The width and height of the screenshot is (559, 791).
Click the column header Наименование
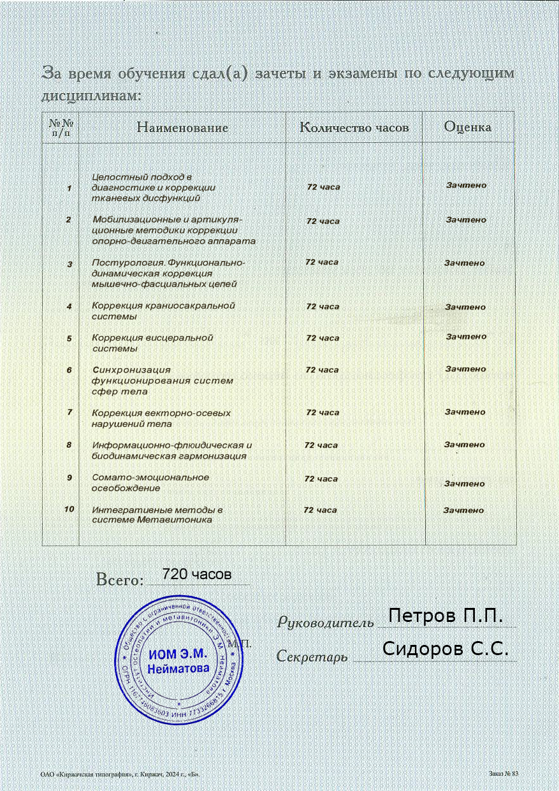(x=183, y=128)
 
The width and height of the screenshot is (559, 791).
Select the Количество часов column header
(x=354, y=128)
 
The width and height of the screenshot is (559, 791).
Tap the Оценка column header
(x=467, y=127)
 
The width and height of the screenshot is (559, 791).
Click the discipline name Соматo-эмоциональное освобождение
(x=150, y=482)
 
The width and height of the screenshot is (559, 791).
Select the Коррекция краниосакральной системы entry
(x=163, y=311)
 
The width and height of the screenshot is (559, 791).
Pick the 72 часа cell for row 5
(x=323, y=338)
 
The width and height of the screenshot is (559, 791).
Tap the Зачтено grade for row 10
(x=463, y=510)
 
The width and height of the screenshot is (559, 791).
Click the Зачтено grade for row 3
(x=464, y=263)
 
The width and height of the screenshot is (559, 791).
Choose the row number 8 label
(x=69, y=445)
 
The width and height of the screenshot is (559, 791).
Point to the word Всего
(x=118, y=580)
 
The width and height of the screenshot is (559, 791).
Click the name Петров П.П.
(x=446, y=616)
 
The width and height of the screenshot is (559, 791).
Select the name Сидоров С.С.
(x=446, y=649)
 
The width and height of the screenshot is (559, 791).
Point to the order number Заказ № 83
(x=504, y=773)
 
